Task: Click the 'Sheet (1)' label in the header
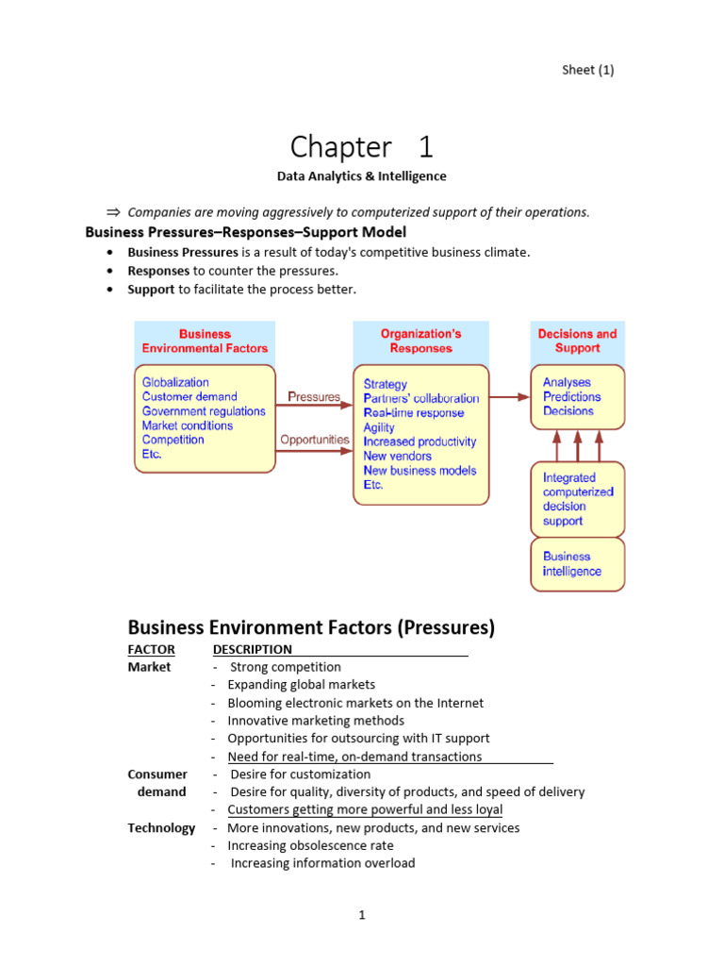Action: tap(587, 70)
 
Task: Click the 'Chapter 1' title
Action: tap(361, 147)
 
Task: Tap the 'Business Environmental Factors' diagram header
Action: tap(205, 341)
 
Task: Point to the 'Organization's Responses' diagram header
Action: tap(420, 341)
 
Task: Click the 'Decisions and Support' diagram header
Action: tap(577, 341)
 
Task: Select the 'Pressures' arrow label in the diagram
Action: tap(313, 397)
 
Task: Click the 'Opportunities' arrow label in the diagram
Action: tap(315, 440)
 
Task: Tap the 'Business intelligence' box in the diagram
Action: tap(577, 564)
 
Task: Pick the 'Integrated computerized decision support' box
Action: tap(577, 499)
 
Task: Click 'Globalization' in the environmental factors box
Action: tap(175, 382)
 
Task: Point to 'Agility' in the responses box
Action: tap(379, 427)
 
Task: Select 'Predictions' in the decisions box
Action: tap(571, 396)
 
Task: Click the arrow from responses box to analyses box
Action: tap(510, 397)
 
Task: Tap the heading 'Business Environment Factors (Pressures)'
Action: tap(311, 627)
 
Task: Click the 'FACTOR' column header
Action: tap(151, 649)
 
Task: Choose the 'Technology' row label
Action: tap(161, 828)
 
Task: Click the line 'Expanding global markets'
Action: tap(301, 685)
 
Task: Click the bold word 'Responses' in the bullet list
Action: tap(159, 271)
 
